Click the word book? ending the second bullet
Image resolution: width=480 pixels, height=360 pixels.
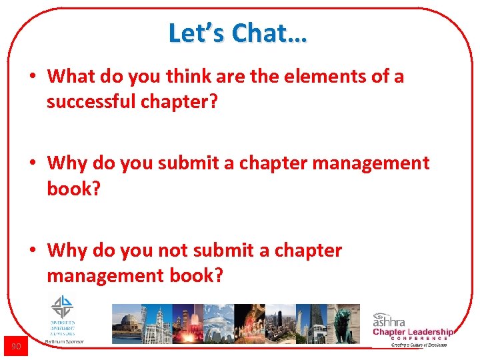(x=73, y=189)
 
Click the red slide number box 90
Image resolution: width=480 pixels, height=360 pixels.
(x=16, y=346)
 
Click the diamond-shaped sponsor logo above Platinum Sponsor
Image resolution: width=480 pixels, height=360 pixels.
(x=62, y=307)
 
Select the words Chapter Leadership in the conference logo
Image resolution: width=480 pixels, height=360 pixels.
(x=413, y=332)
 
